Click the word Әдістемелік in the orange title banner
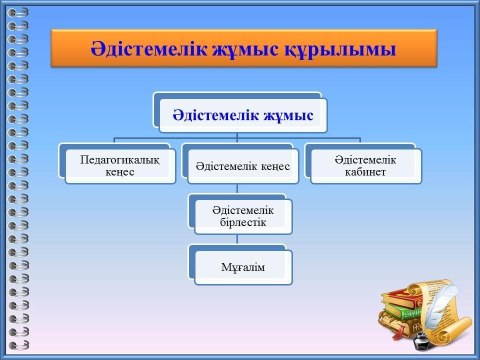pyautogui.click(x=148, y=48)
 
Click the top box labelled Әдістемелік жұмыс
pyautogui.click(x=240, y=112)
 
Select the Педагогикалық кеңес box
pyautogui.click(x=117, y=163)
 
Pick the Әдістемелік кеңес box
pyautogui.click(x=240, y=163)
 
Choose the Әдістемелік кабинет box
pyautogui.click(x=363, y=163)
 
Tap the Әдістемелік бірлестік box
pyautogui.click(x=240, y=214)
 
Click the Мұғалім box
pyautogui.click(x=240, y=265)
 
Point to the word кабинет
pyautogui.click(x=365, y=172)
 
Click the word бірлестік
pyautogui.click(x=243, y=222)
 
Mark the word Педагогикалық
pyautogui.click(x=119, y=160)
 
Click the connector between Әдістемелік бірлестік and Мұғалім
pyautogui.click(x=237, y=239)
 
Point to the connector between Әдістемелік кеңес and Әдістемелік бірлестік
pyautogui.click(x=237, y=189)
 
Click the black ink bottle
pyautogui.click(x=421, y=341)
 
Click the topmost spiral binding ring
pyautogui.click(x=18, y=12)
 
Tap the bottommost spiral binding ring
pyautogui.click(x=18, y=345)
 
